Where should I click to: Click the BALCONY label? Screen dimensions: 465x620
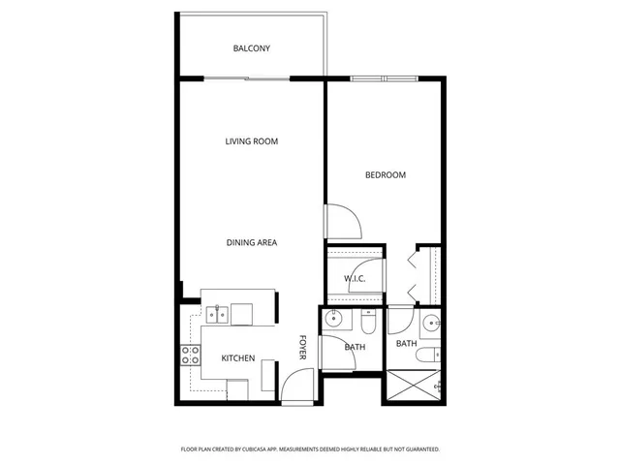251,48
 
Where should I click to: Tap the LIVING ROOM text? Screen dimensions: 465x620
251,141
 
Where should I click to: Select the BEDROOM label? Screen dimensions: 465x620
385,175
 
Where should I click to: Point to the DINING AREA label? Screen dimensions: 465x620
252,242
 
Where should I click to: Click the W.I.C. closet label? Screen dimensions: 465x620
354,280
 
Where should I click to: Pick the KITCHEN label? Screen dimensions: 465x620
237,358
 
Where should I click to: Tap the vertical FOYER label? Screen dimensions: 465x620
302,349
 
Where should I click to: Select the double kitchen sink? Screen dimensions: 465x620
217,314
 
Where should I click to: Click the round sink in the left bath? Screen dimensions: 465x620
334,319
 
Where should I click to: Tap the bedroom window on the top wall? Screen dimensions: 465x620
384,78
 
